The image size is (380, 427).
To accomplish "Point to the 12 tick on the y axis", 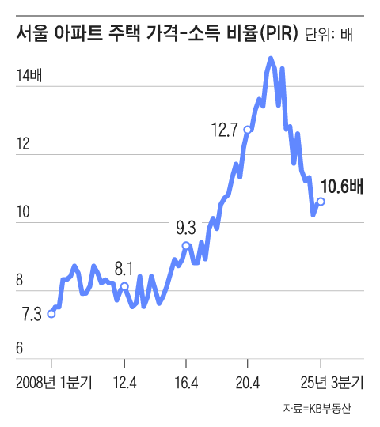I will [23, 144].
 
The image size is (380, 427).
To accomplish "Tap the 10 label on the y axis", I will [23, 212].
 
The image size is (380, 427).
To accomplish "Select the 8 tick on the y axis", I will [20, 280].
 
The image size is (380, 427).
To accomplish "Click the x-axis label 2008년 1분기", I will [53, 383].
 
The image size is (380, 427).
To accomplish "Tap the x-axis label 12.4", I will [125, 383].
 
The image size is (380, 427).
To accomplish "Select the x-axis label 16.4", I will [185, 383].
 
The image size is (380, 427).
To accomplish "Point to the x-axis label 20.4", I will [247, 383].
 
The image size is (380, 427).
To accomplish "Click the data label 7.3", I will [31, 315].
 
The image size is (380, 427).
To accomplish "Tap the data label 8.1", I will [124, 266].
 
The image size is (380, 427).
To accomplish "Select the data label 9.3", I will [185, 229].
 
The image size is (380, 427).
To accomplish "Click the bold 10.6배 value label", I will [342, 187].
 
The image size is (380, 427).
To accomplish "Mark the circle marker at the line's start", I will [51, 314].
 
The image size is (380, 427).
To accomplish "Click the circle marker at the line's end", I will [321, 202].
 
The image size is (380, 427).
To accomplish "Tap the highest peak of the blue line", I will [271, 59].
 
